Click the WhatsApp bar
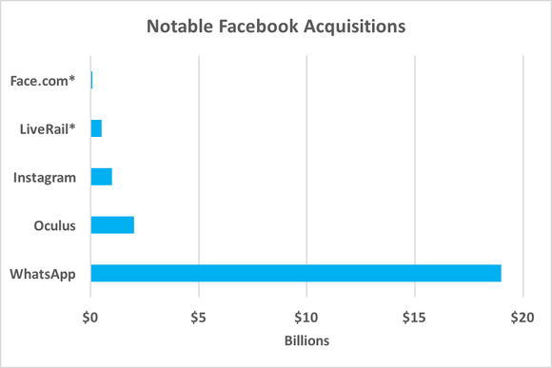tap(295, 274)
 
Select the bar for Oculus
tap(112, 225)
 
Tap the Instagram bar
tap(101, 177)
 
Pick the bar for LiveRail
tap(96, 128)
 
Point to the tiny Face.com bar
tap(91, 80)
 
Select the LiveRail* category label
tap(48, 128)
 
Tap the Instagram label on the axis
tap(45, 177)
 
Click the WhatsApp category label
tap(43, 274)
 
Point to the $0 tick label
tap(90, 316)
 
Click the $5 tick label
tap(198, 316)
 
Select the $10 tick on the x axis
tap(306, 316)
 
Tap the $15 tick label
tap(413, 316)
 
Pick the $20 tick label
tap(521, 316)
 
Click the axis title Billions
tap(306, 340)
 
